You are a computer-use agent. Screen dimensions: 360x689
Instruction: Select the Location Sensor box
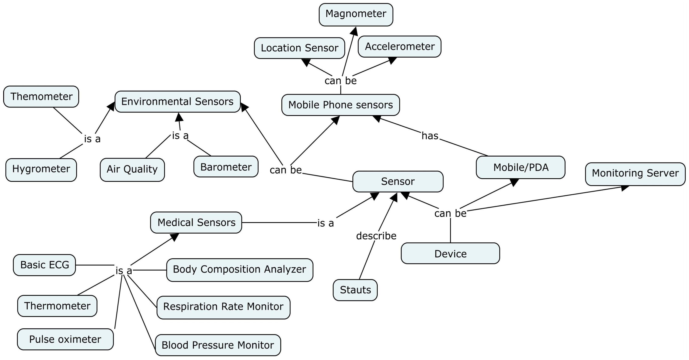299,48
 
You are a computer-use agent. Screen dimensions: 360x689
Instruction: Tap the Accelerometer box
399,47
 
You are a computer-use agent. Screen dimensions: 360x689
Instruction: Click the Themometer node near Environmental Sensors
41,97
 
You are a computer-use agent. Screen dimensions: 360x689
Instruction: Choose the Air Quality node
132,170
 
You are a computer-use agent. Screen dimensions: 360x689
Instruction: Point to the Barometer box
226,167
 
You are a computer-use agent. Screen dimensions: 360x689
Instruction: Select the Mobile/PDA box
521,167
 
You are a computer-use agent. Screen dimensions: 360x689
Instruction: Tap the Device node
450,253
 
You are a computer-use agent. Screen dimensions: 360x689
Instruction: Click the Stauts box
355,290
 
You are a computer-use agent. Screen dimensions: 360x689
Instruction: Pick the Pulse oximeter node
65,339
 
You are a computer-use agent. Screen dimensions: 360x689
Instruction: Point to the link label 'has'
430,136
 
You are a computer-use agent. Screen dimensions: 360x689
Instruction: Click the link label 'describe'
376,236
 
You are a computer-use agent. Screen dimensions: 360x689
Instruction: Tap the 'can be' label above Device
450,213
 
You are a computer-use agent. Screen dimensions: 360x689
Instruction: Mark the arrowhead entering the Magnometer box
354,31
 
